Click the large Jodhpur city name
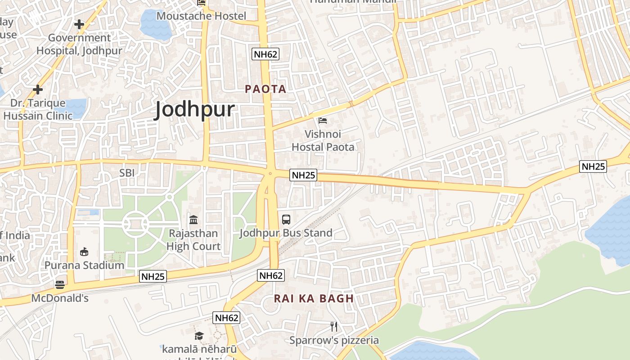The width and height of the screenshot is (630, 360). click(194, 109)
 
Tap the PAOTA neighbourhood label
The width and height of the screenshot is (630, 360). click(265, 89)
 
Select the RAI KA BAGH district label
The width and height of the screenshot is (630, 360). click(314, 298)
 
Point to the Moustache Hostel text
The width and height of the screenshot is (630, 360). click(201, 16)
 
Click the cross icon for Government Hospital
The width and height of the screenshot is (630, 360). click(79, 24)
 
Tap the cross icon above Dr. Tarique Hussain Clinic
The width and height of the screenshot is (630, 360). click(38, 90)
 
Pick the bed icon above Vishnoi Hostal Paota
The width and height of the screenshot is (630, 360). click(323, 120)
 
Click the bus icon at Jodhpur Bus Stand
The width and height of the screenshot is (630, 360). click(286, 220)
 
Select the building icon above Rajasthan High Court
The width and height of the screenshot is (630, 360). click(193, 220)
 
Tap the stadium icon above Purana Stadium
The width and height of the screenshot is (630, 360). click(84, 252)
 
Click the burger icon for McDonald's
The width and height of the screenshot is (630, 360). click(60, 284)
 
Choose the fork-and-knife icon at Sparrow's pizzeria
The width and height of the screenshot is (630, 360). click(334, 326)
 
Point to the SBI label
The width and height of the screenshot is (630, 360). click(127, 173)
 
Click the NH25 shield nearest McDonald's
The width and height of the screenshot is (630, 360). click(153, 276)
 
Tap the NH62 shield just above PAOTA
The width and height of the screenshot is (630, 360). click(265, 54)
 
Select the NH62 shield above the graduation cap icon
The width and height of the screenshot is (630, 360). click(226, 318)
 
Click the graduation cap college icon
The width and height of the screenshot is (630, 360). click(199, 336)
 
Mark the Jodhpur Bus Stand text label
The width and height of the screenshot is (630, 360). click(286, 233)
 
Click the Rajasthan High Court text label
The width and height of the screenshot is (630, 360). click(193, 240)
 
